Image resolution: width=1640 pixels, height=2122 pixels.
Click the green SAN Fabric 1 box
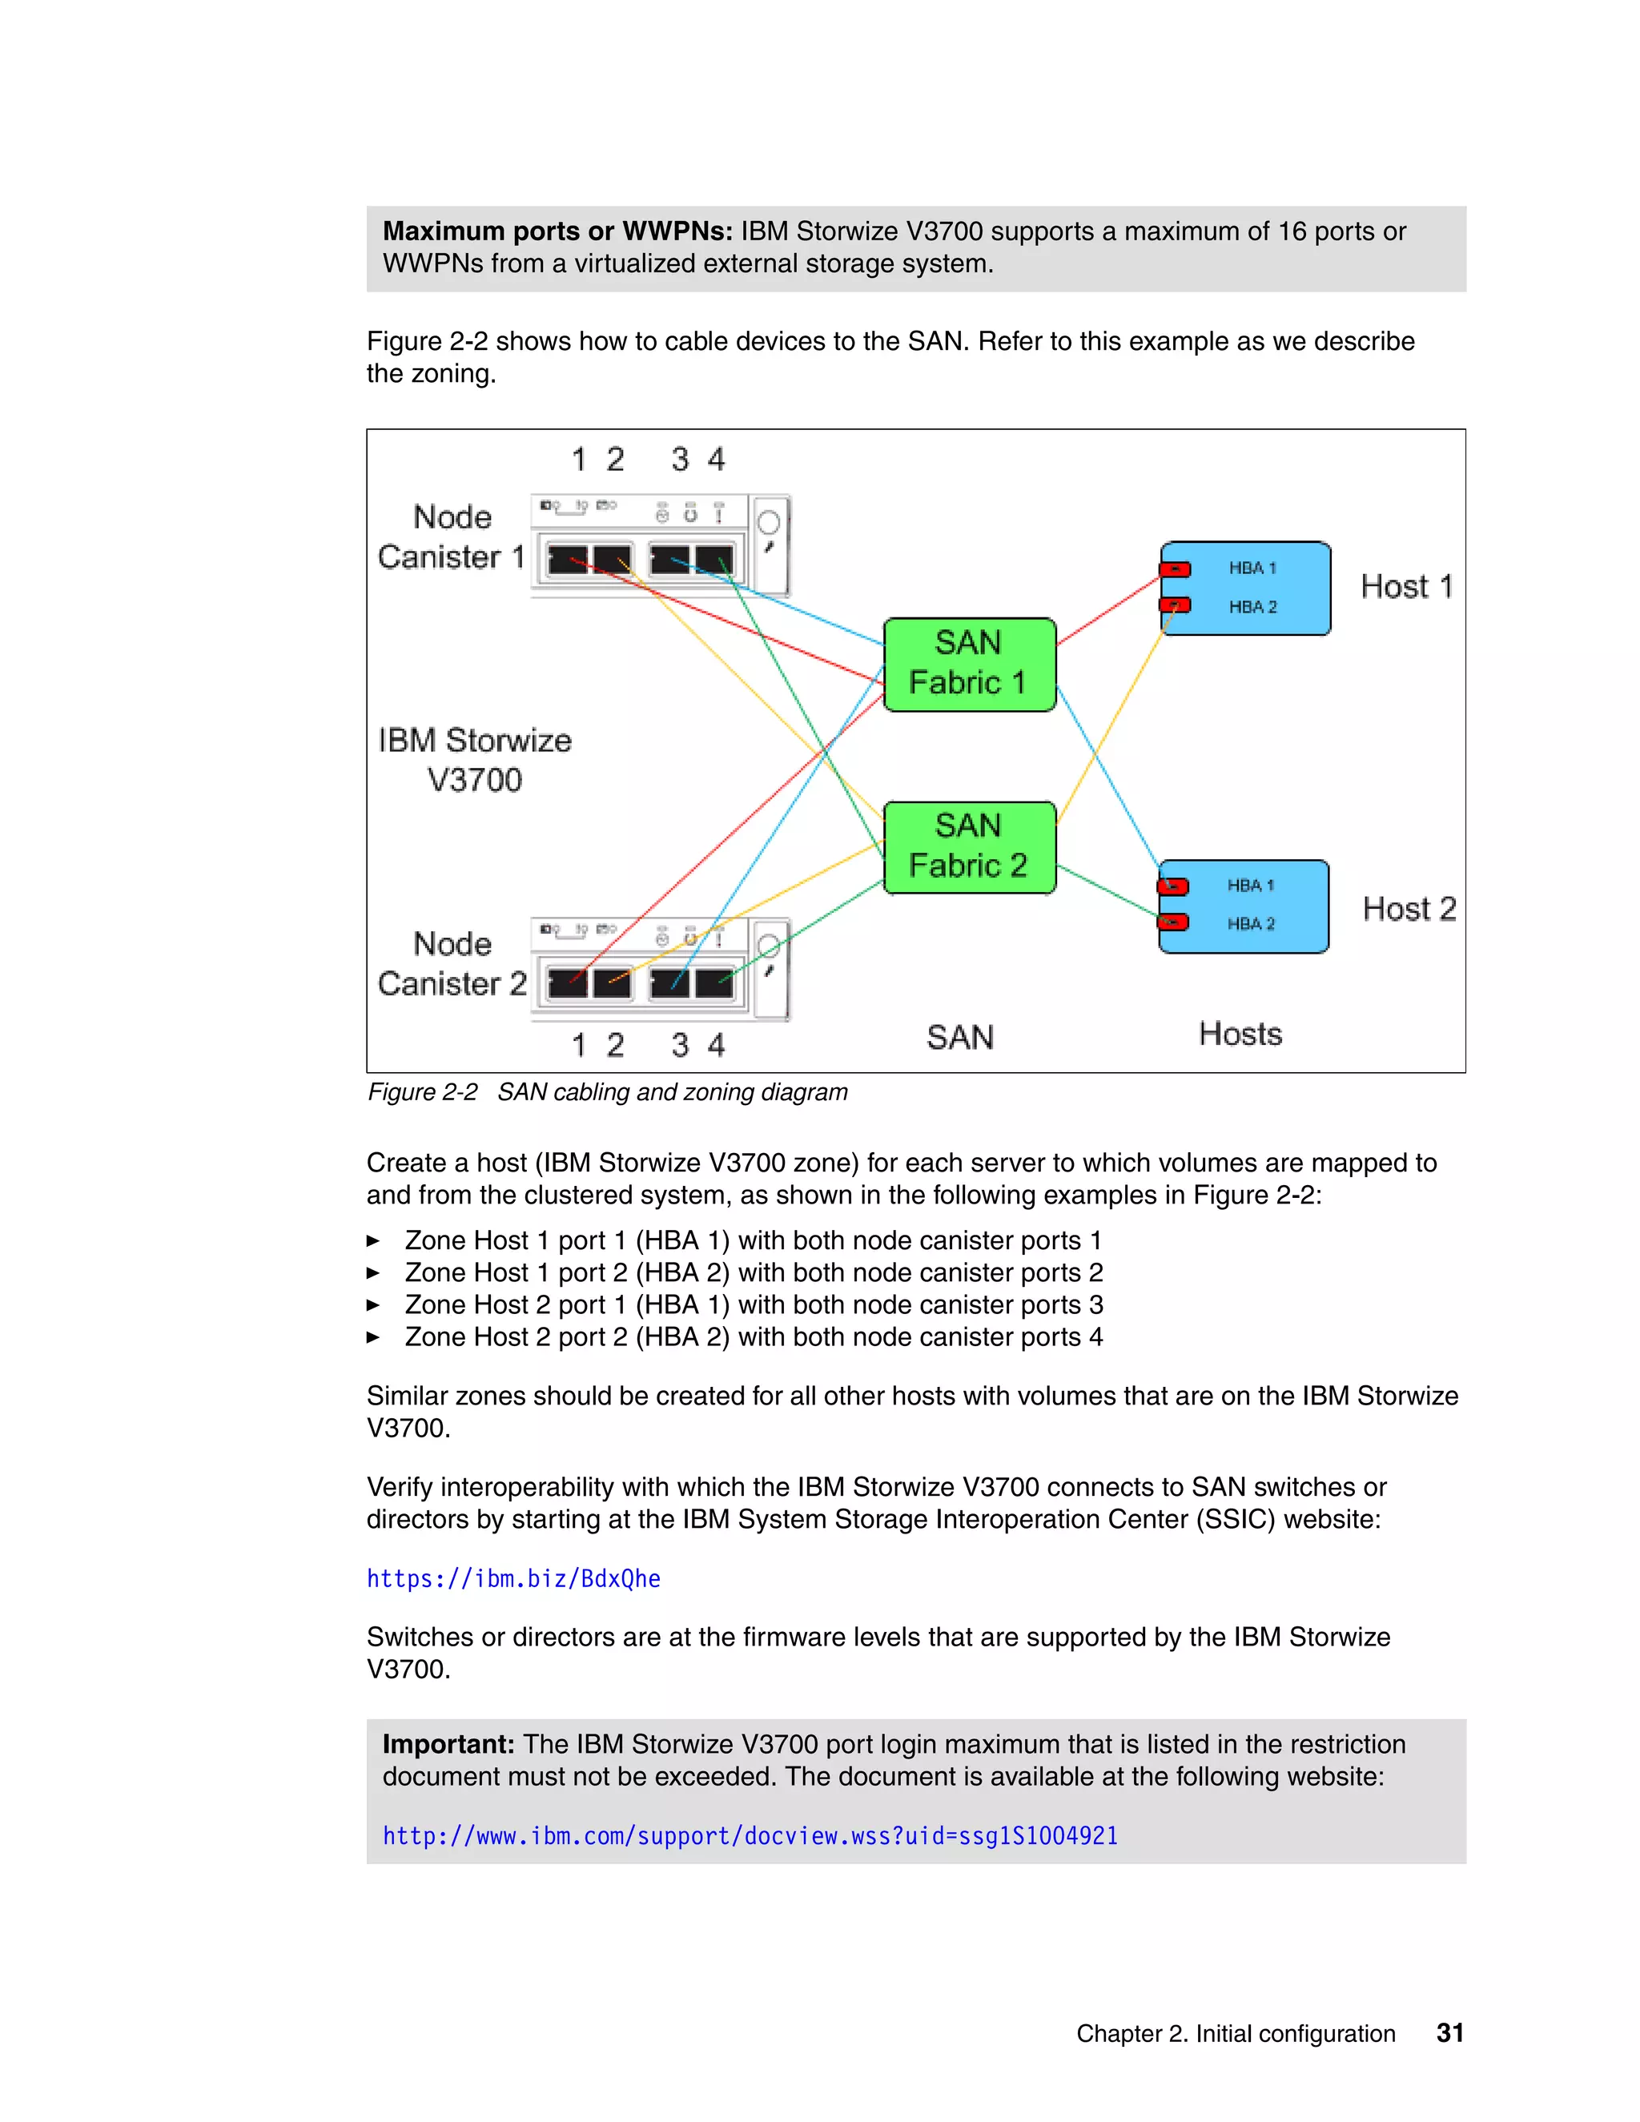969,665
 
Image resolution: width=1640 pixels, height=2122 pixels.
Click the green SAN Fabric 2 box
969,847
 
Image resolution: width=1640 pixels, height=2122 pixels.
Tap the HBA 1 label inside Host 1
1252,569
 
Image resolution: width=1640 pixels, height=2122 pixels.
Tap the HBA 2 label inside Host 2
1249,924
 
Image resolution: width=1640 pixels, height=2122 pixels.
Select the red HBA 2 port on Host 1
1176,605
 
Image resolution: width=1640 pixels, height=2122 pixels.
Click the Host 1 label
1406,587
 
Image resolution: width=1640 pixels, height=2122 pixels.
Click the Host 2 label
1409,910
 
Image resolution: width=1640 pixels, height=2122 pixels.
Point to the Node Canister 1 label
452,537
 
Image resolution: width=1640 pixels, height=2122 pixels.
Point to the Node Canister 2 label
452,964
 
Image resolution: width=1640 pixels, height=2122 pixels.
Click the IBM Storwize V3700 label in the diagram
475,760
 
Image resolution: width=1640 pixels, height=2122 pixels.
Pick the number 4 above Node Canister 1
716,460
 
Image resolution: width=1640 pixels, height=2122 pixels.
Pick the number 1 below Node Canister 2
579,1046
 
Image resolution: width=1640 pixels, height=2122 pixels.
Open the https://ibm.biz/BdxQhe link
513,1579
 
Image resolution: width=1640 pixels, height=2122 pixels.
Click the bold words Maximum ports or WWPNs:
557,231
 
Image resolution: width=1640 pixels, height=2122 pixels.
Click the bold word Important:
448,1744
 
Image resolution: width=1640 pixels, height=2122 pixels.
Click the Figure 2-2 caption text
607,1092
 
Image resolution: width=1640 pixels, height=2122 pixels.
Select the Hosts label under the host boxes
1240,1034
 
